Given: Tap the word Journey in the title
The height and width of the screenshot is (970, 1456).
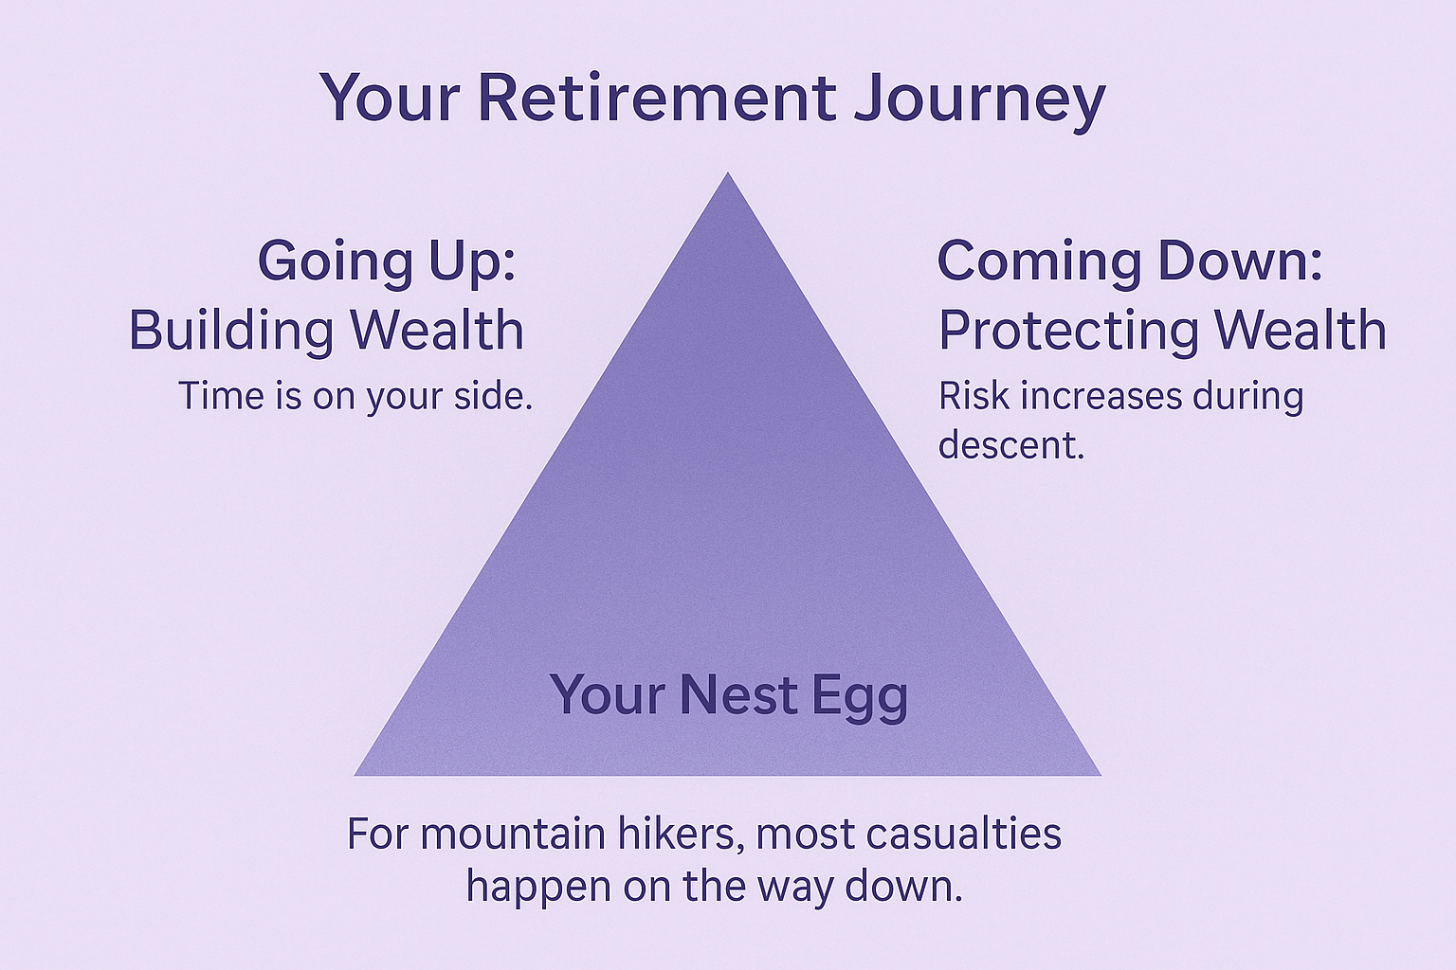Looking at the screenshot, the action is pyautogui.click(x=979, y=102).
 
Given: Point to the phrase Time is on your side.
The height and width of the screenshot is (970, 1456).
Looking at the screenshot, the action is pyautogui.click(x=355, y=396).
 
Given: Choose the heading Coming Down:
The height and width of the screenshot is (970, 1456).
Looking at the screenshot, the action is pyautogui.click(x=1130, y=260).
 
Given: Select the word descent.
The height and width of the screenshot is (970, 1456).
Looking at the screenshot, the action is pyautogui.click(x=1011, y=445).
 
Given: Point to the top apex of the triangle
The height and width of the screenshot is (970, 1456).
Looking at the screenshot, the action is pyautogui.click(x=727, y=172).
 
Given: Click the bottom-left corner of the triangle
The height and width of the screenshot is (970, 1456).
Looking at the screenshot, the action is pyautogui.click(x=355, y=775).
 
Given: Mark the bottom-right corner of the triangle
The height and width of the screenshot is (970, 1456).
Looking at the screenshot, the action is pyautogui.click(x=1101, y=775).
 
